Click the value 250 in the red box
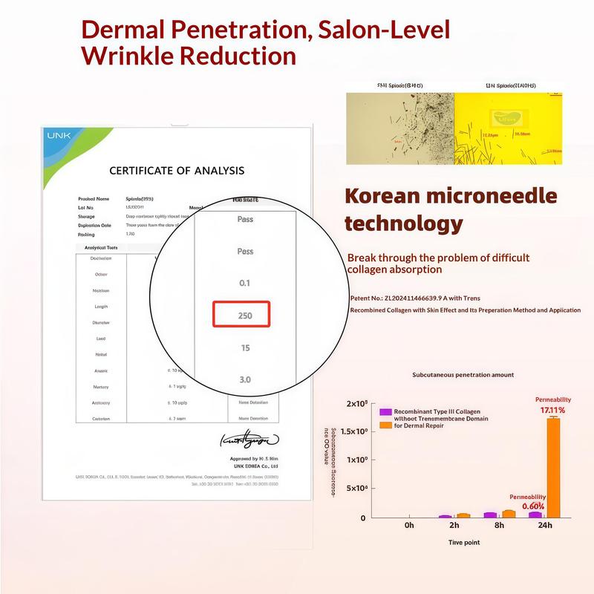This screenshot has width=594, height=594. (241, 315)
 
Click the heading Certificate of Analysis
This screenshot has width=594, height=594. (177, 170)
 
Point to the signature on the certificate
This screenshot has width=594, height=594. (249, 440)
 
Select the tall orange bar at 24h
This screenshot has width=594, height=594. (552, 467)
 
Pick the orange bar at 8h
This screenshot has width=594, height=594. (509, 513)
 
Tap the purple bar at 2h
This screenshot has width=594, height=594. (445, 515)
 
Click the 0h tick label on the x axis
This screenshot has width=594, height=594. (409, 526)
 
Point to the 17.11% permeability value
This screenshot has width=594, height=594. (552, 409)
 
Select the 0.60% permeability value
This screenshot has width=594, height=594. (533, 506)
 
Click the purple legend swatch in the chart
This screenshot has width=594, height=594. (385, 411)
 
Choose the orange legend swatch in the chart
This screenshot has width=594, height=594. (385, 425)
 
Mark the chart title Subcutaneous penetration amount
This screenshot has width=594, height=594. (463, 375)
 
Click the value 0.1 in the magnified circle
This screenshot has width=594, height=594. (245, 283)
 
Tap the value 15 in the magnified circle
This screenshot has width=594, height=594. (245, 347)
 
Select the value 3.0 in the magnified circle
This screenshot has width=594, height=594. (245, 379)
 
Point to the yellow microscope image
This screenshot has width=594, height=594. (508, 128)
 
